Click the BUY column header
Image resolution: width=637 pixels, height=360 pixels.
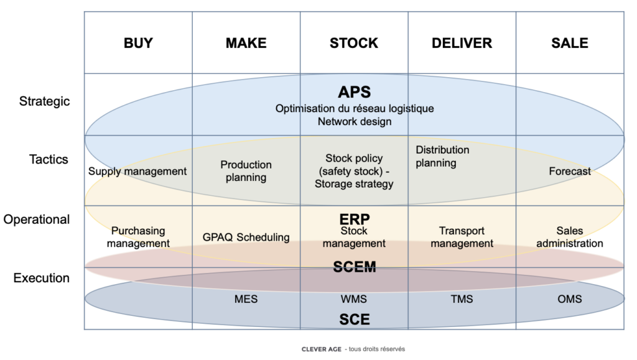pyautogui.click(x=138, y=43)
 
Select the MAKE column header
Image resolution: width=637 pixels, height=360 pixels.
pyautogui.click(x=246, y=43)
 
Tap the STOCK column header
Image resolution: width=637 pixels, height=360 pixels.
pyautogui.click(x=354, y=43)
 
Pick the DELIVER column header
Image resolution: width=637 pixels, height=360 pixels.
pyautogui.click(x=462, y=43)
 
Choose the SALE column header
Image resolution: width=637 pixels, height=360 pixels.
pyautogui.click(x=570, y=43)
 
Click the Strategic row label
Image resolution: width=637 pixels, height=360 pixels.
pyautogui.click(x=45, y=101)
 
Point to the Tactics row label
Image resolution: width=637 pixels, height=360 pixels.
pyautogui.click(x=49, y=159)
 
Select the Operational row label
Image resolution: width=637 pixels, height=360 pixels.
pyautogui.click(x=37, y=219)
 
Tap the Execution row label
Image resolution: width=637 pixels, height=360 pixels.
pyautogui.click(x=42, y=278)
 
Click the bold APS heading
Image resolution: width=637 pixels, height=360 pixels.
pyautogui.click(x=354, y=93)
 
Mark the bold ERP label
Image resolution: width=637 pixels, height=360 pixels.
pyautogui.click(x=354, y=219)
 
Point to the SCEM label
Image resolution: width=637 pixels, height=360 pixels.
pyautogui.click(x=354, y=267)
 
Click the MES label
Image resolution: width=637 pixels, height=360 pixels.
pyautogui.click(x=246, y=299)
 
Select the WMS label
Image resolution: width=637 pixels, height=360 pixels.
pyautogui.click(x=354, y=299)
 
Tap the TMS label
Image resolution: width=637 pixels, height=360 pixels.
pyautogui.click(x=462, y=299)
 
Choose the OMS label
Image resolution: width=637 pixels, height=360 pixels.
pyautogui.click(x=570, y=299)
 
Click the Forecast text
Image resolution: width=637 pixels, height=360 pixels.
pyautogui.click(x=570, y=171)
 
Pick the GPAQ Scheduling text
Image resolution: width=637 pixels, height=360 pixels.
pyautogui.click(x=246, y=237)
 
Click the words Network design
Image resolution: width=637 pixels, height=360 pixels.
pyautogui.click(x=355, y=121)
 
